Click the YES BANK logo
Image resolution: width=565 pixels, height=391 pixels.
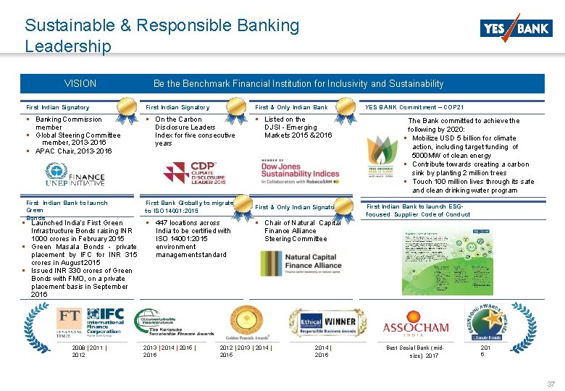[x=515, y=28]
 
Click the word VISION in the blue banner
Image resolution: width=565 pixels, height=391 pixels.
[x=80, y=84]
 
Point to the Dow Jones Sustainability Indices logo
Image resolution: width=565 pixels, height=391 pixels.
[x=300, y=168]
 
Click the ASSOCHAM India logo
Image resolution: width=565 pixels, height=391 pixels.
[x=416, y=328]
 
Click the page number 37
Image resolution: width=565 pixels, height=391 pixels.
[x=551, y=383]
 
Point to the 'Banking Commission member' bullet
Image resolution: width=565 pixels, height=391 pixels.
[x=69, y=123]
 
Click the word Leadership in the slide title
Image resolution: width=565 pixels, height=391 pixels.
[x=68, y=46]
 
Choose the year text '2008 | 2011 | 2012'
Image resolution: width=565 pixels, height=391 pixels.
[x=90, y=351]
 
